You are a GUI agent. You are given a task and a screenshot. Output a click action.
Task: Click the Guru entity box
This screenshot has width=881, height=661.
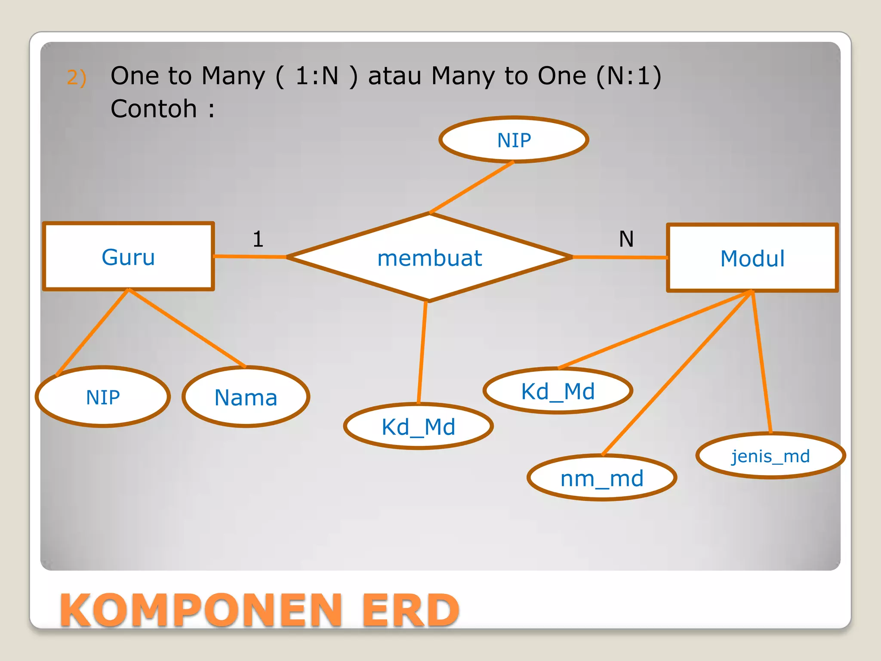coord(128,257)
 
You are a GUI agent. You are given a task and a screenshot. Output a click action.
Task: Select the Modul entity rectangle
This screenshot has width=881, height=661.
coord(752,258)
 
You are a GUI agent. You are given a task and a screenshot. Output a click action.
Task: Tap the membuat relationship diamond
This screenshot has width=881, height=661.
coord(429,258)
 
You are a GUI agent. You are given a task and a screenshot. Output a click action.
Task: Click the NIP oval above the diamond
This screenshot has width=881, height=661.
coord(514,140)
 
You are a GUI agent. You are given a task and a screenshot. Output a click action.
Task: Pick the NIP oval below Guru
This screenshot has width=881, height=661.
coord(103,397)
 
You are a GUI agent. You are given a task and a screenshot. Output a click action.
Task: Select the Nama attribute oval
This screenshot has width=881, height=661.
coord(246,397)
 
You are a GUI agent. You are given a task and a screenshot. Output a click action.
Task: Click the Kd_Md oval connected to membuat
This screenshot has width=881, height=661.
coord(418,426)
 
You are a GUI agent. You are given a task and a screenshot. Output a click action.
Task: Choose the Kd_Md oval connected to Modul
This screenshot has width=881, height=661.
coord(558,391)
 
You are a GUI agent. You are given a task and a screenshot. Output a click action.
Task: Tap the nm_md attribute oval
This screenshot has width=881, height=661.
coord(602,478)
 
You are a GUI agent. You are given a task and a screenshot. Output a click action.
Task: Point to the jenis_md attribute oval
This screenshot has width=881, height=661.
coord(770,456)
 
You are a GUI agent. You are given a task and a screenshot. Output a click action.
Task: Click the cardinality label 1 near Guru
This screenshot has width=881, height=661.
coord(258,239)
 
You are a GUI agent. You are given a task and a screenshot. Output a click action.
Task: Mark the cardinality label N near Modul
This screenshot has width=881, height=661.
coord(626,239)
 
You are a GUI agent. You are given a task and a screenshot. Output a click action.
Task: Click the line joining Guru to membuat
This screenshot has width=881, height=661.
coord(250,256)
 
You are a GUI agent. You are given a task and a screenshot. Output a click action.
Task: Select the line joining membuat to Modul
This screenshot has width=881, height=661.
coord(619,257)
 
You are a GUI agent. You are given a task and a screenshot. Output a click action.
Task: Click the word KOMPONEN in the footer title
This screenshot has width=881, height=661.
coord(201,610)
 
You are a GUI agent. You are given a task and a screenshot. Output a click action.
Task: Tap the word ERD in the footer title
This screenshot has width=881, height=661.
coord(410,610)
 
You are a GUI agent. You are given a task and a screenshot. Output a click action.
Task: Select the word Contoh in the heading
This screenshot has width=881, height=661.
coord(154,108)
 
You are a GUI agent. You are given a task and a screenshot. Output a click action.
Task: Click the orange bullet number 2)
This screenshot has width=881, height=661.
coord(77,77)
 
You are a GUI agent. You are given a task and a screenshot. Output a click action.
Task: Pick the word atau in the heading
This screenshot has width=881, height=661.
coord(394,76)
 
